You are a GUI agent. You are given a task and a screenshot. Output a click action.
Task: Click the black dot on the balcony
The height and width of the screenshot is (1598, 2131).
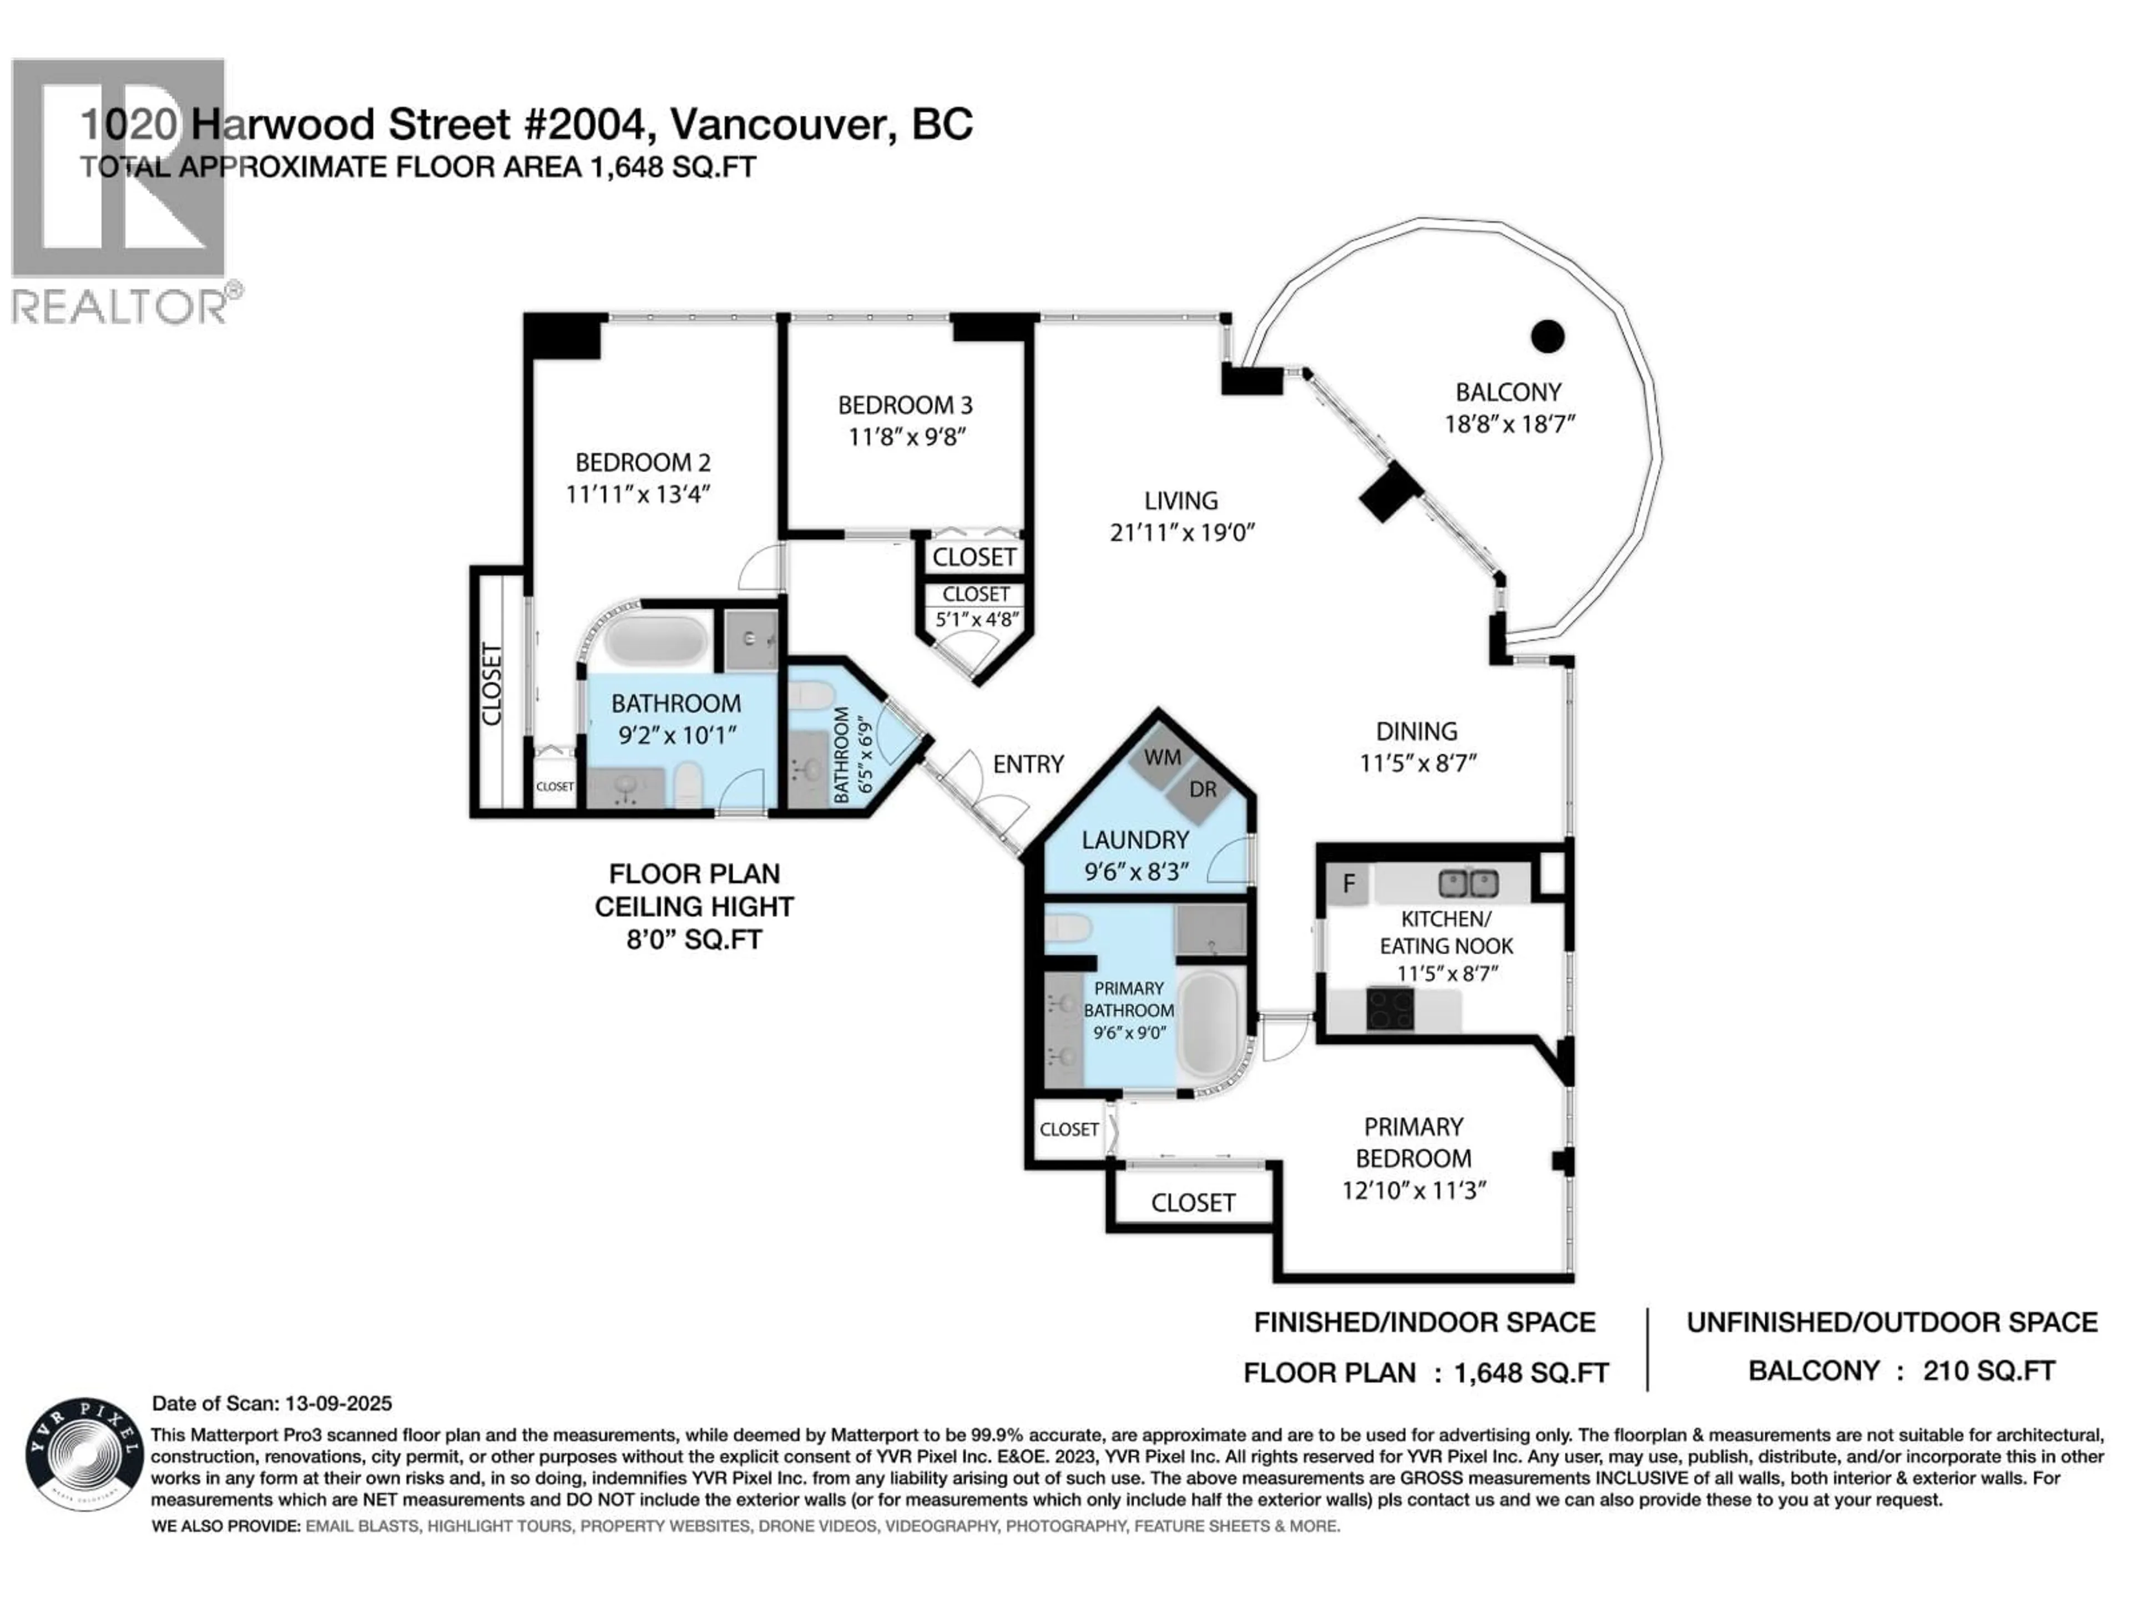[x=1547, y=336]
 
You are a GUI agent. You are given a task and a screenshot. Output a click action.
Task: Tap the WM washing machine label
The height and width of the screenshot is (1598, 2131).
[x=1162, y=757]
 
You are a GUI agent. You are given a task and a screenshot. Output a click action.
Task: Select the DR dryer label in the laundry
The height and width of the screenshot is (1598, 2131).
[x=1203, y=790]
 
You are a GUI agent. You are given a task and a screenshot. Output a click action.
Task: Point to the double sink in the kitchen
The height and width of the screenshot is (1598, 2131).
[x=1468, y=882]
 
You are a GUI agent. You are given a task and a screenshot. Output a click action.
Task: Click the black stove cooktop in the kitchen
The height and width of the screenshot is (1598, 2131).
[x=1389, y=1009]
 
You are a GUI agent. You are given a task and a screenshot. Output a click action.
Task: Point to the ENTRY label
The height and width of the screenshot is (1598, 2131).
[x=1028, y=764]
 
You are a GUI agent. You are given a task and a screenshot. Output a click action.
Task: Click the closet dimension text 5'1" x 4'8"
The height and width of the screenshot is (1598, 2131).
[x=977, y=619]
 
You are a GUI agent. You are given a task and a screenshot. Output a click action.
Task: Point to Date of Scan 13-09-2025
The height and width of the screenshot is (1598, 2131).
[x=272, y=1403]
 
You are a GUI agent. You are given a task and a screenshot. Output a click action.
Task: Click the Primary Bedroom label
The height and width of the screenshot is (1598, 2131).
[x=1413, y=1142]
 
